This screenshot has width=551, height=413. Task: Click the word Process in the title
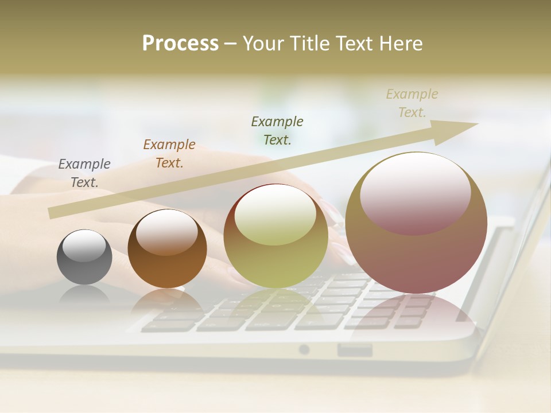[x=180, y=44]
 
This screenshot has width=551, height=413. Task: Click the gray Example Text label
[x=84, y=173]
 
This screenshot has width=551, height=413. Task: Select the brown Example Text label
[x=169, y=153]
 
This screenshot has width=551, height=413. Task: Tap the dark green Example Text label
[x=277, y=130]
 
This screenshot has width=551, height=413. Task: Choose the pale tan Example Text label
[x=412, y=103]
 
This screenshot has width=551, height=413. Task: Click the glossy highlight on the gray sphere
[x=84, y=245]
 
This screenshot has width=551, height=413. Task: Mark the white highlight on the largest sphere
[x=415, y=192]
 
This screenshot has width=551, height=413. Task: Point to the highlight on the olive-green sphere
[x=275, y=213]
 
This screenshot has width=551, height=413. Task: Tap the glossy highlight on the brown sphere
[x=166, y=231]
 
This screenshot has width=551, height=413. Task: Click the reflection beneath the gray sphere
[x=84, y=295]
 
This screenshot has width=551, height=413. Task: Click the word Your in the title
[x=265, y=44]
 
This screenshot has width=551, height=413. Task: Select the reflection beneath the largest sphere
[x=416, y=310]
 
